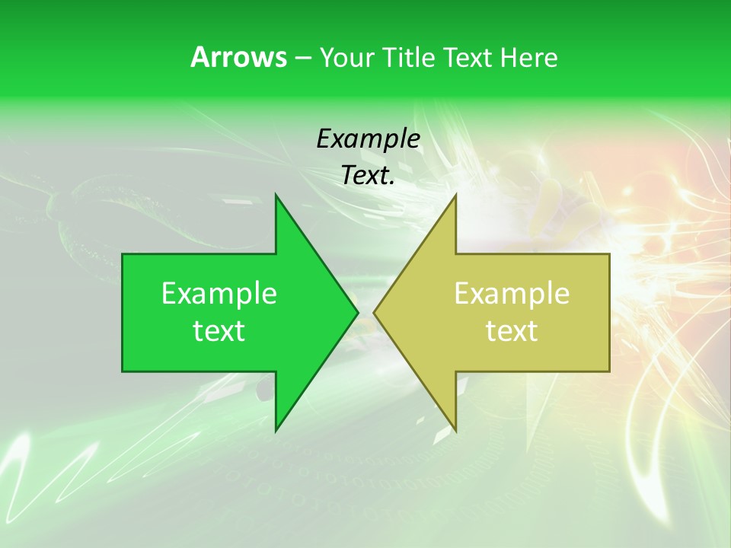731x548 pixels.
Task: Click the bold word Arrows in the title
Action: [238, 57]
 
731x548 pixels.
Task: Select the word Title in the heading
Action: [408, 58]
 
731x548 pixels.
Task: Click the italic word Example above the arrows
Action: [369, 139]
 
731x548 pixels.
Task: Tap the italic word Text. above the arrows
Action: [369, 176]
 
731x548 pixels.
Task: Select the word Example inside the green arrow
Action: [219, 294]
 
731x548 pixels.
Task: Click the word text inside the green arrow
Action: [219, 331]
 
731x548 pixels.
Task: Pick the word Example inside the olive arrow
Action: [512, 294]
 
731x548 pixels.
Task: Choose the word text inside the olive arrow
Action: [512, 331]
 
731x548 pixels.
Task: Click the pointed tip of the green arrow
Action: [357, 312]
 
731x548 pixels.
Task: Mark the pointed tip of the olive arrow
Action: [375, 312]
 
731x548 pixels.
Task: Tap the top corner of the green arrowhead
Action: [276, 195]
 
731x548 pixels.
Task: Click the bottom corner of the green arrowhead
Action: [276, 431]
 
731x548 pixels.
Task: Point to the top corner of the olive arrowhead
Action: [455, 195]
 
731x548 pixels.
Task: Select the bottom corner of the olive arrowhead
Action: [455, 431]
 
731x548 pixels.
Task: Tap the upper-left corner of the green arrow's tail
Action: [123, 255]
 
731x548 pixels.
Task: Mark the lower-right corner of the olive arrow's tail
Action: [609, 371]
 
